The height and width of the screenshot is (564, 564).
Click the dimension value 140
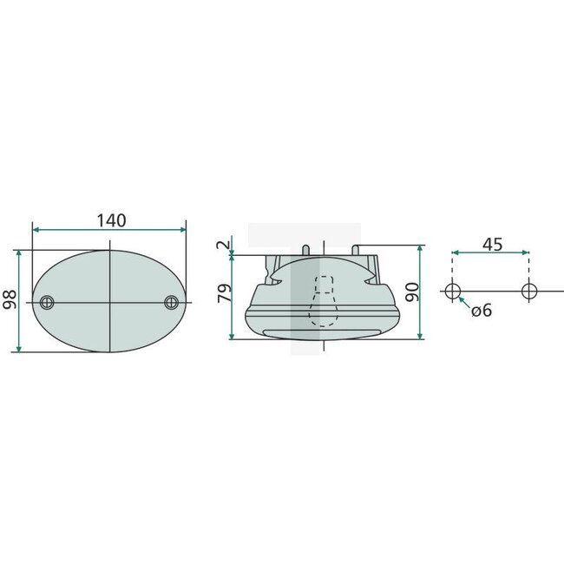[x=110, y=220]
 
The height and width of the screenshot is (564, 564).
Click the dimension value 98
[x=10, y=299]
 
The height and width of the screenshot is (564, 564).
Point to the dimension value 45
[x=491, y=244]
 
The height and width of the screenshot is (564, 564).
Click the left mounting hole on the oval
[x=47, y=302]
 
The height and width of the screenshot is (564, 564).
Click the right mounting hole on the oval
[x=171, y=302]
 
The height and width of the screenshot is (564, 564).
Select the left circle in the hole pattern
[x=451, y=291]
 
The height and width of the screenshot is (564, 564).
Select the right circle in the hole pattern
[x=528, y=291]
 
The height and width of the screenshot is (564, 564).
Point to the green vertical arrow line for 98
[x=18, y=321]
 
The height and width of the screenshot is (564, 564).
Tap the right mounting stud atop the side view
[x=354, y=250]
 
